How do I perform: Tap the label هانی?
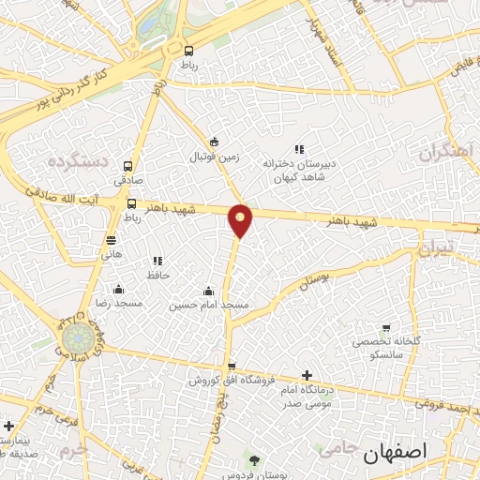pyautogui.click(x=112, y=254)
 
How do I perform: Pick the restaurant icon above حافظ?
pyautogui.click(x=157, y=261)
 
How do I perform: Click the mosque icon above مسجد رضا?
pyautogui.click(x=118, y=289)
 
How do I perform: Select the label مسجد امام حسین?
pyautogui.click(x=209, y=306)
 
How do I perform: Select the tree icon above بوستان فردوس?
pyautogui.click(x=255, y=459)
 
